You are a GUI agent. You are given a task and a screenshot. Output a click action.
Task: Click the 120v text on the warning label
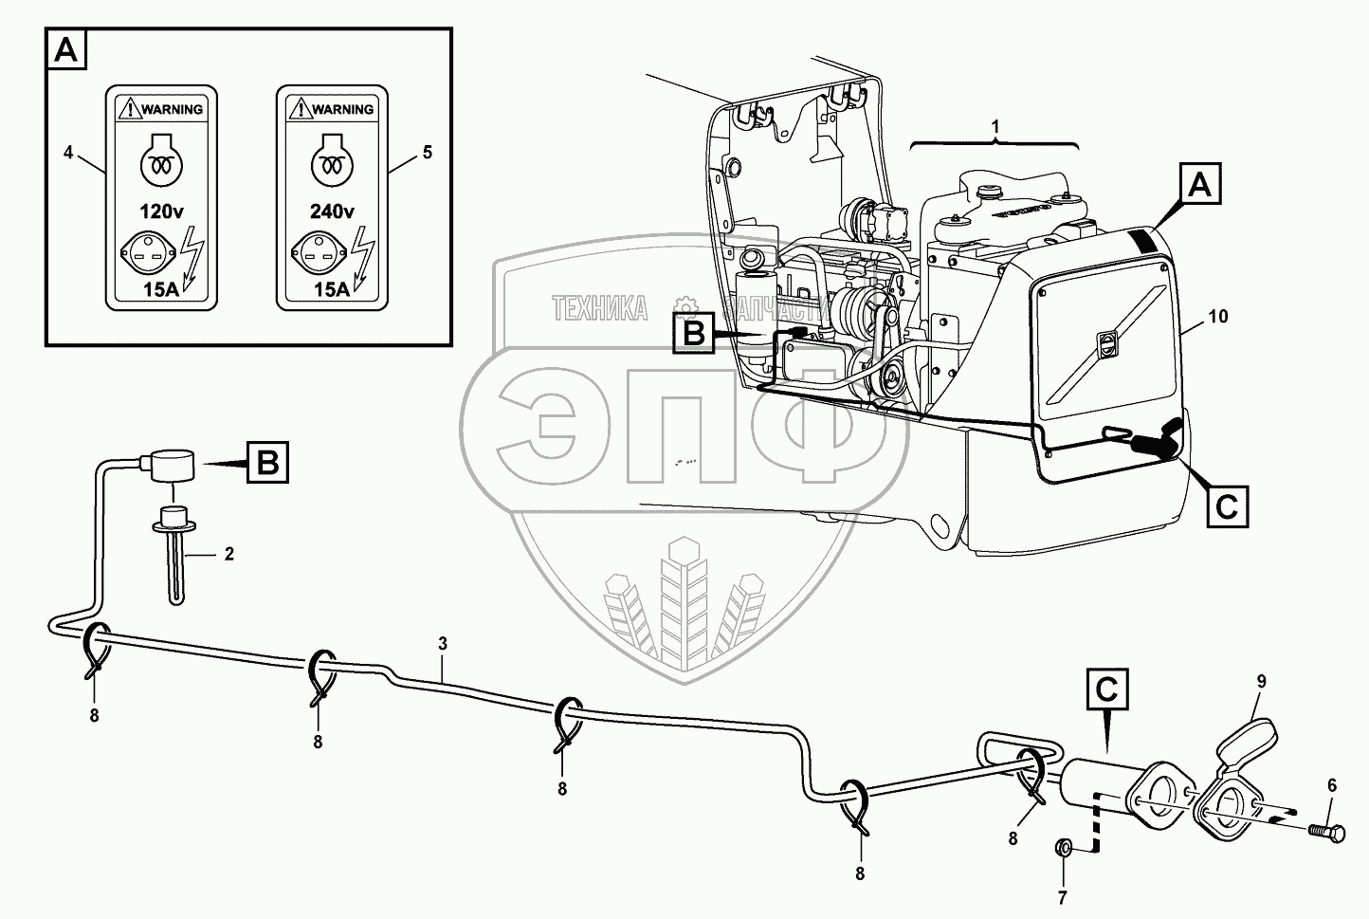[x=161, y=211]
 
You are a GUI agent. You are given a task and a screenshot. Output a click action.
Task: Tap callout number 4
[x=68, y=152]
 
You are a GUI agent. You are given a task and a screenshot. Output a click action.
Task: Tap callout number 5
[x=428, y=152]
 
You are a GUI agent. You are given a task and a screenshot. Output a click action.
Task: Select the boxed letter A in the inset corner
[x=66, y=49]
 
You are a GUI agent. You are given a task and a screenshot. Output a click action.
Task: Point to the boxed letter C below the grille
[x=1228, y=506]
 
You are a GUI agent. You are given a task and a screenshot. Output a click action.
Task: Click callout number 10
[x=1218, y=317]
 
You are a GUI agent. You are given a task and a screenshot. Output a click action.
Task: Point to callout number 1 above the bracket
[x=995, y=125]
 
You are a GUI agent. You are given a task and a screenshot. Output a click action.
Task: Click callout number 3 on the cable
[x=442, y=644]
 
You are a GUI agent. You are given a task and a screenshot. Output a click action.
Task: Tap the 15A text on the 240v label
[x=332, y=290]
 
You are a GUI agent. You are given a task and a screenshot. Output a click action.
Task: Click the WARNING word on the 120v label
[x=172, y=109]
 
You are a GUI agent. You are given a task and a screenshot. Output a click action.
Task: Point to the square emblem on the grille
[x=1104, y=346]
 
